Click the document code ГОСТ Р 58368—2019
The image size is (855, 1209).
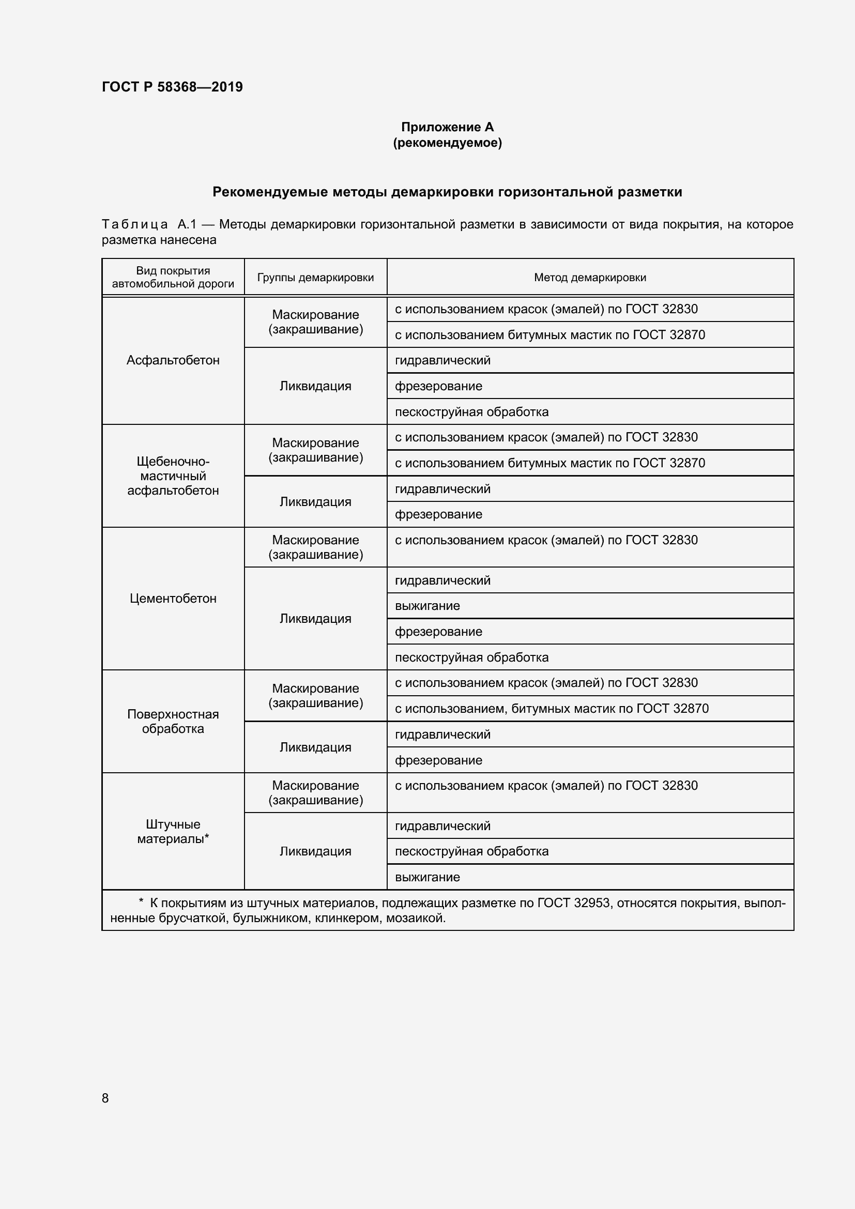click(x=172, y=87)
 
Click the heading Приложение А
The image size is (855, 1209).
click(x=447, y=127)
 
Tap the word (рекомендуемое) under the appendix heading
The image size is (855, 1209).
click(x=447, y=143)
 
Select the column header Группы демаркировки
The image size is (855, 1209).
click(x=315, y=278)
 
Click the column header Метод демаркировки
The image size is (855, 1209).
click(x=590, y=278)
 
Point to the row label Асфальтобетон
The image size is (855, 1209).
click(x=173, y=360)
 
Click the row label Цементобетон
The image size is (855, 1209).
click(x=173, y=598)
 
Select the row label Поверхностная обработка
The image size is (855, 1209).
click(x=173, y=722)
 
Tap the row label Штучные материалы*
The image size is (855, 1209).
click(x=173, y=832)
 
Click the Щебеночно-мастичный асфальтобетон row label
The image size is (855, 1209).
click(x=173, y=476)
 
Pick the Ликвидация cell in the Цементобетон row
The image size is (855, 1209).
click(x=315, y=619)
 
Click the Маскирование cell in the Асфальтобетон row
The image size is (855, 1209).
click(x=315, y=322)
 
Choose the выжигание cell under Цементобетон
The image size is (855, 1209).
click(x=427, y=606)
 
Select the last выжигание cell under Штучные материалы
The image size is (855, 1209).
click(x=427, y=877)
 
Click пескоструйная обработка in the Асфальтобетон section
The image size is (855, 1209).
click(x=472, y=412)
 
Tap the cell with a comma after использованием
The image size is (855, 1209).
click(x=551, y=709)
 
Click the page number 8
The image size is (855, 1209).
click(x=105, y=1098)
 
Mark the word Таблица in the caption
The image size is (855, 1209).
click(x=135, y=225)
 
